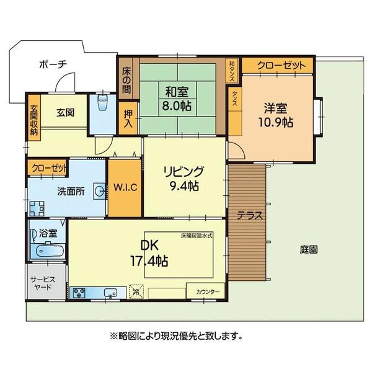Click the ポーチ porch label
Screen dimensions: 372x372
(x=53, y=64)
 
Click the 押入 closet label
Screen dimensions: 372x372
(x=128, y=119)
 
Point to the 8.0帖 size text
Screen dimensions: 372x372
(x=177, y=105)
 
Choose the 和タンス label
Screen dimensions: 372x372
(x=232, y=71)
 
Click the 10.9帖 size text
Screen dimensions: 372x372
(x=276, y=122)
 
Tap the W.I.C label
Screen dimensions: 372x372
(x=125, y=187)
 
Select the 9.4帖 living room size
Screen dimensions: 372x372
(x=184, y=186)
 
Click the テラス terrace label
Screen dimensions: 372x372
(x=250, y=216)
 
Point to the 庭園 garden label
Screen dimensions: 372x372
(x=309, y=250)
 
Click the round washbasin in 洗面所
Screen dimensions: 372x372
(x=99, y=191)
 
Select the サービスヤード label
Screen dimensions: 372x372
(x=43, y=283)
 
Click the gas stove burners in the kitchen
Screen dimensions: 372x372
(x=79, y=293)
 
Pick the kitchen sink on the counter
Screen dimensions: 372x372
(x=110, y=293)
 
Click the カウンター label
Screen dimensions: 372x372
(x=208, y=292)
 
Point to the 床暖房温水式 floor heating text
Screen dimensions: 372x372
(x=197, y=236)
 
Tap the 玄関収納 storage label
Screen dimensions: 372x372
(x=34, y=120)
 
